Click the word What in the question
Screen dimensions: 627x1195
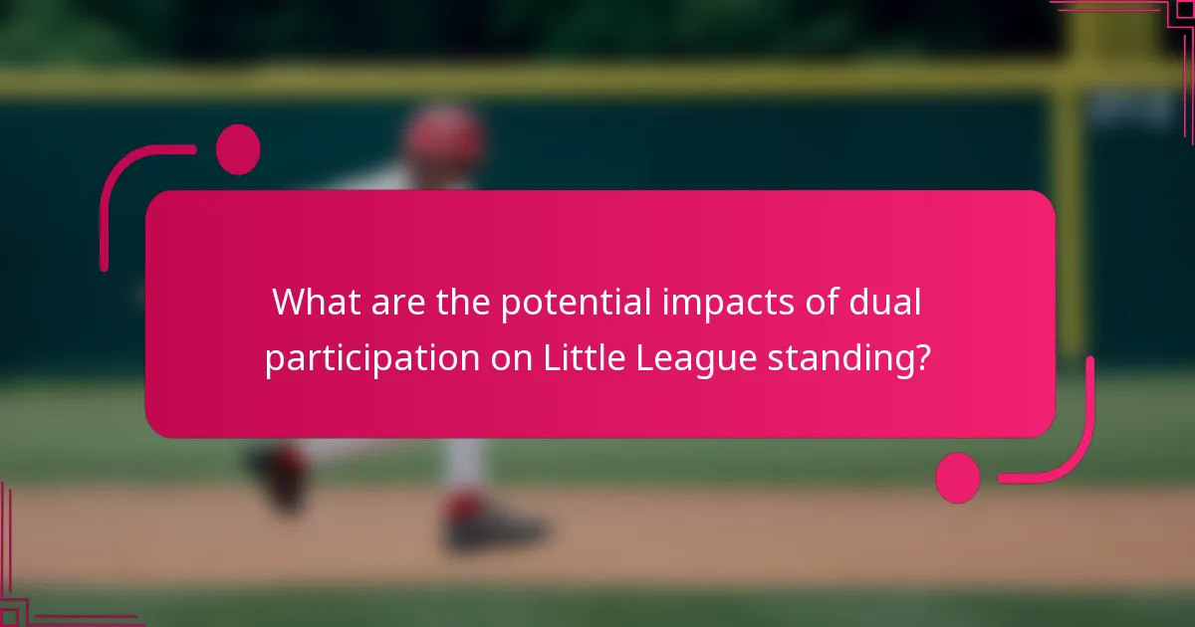pyautogui.click(x=311, y=303)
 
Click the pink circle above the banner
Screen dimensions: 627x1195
pyautogui.click(x=238, y=149)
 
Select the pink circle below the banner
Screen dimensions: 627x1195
pyautogui.click(x=958, y=478)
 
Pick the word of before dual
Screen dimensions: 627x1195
pyautogui.click(x=826, y=303)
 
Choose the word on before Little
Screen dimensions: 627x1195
pyautogui.click(x=510, y=358)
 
